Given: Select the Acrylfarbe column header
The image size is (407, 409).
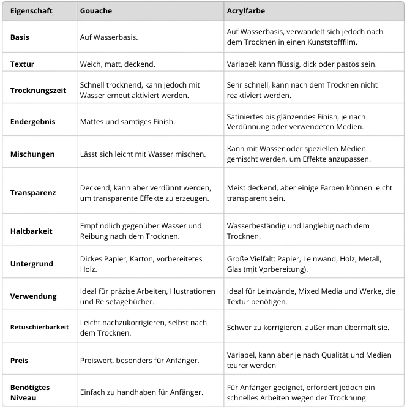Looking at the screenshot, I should pos(245,11).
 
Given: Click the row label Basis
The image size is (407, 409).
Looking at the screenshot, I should pos(20,37).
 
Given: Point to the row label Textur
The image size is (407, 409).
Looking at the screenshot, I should pos(22,64).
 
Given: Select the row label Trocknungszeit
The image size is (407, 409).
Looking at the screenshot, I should pos(37,90).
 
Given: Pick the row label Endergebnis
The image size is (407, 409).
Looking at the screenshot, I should pos(33,122).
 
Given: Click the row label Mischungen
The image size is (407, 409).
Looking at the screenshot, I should pos(32,154).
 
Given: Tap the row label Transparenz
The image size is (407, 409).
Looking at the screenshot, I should pos(33,192).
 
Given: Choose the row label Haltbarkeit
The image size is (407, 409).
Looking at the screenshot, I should pos(31,231).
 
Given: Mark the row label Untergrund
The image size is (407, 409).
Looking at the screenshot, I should pos(32,264).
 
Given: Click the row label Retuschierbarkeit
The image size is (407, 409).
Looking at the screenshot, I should pos(39,327).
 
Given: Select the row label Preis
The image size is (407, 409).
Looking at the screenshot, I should pos(20,361).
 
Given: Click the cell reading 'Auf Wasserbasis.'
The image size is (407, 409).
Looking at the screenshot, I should pos(108,37).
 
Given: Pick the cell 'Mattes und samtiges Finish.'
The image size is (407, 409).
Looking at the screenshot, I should pos(127,122).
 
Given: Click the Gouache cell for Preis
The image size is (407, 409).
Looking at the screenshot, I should pos(140,361).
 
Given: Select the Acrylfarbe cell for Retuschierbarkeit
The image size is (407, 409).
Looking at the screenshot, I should pos(308,328).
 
